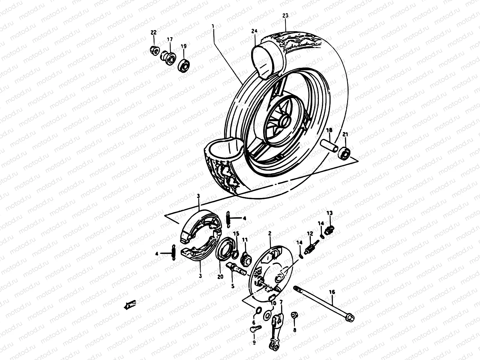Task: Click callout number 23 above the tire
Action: point(285,16)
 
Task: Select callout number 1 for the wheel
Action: point(213,27)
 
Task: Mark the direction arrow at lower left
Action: point(130,305)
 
